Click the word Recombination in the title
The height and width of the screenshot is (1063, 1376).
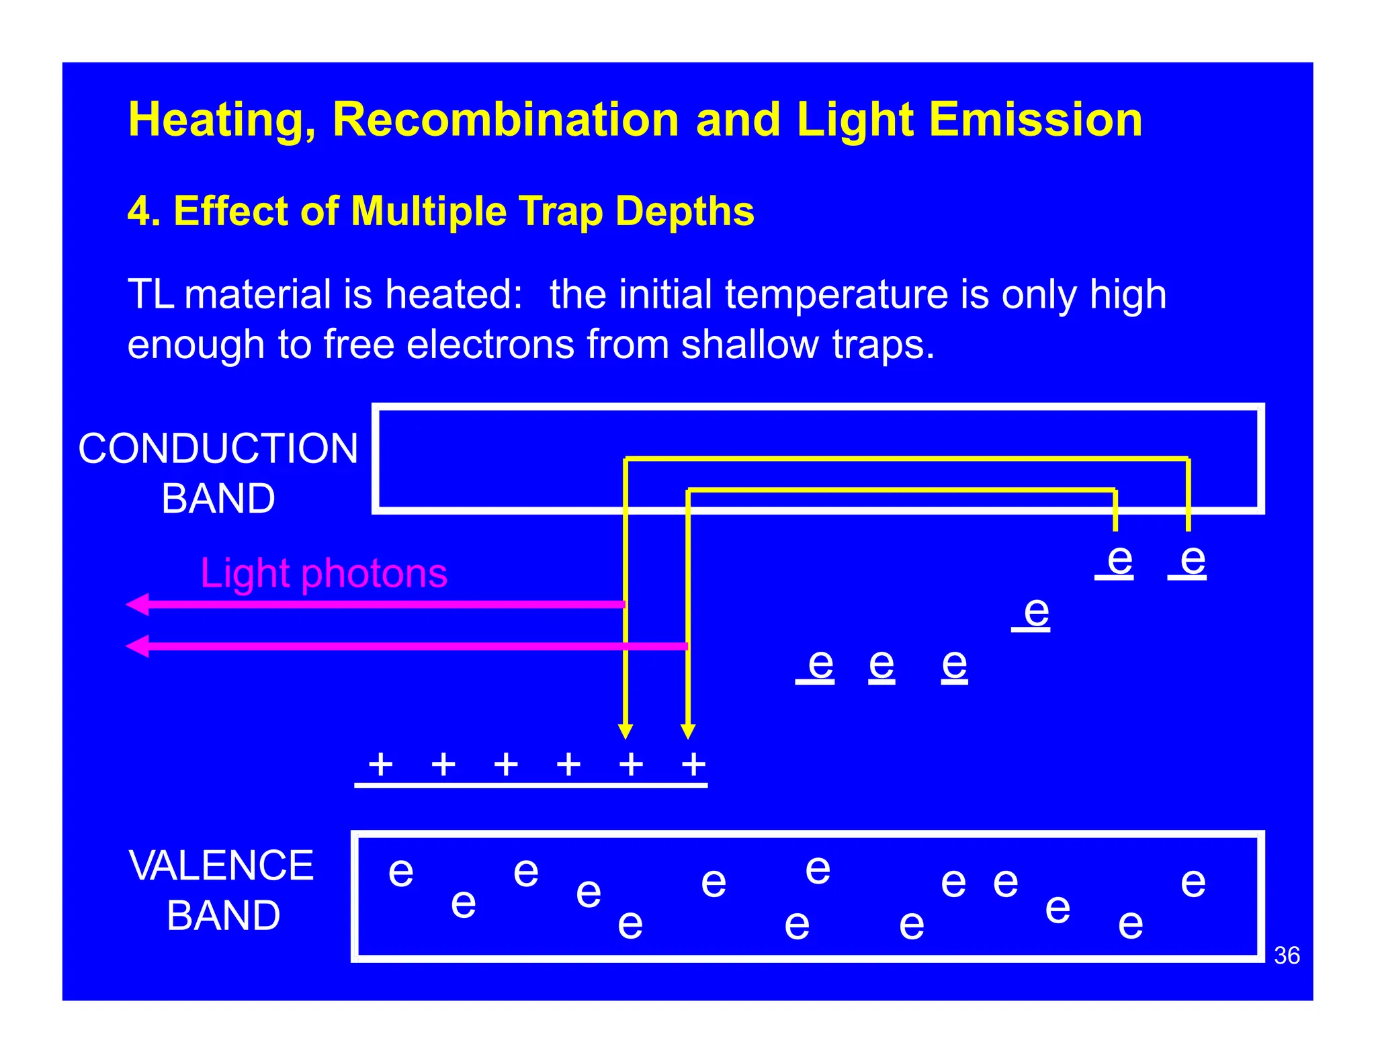(x=505, y=120)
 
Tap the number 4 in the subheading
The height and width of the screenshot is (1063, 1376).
(x=138, y=211)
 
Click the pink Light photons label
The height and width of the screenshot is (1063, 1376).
(x=324, y=573)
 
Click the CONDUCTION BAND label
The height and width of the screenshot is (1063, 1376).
(x=218, y=473)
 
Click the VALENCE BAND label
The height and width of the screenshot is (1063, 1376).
(x=222, y=890)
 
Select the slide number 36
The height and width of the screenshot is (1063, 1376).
(x=1287, y=955)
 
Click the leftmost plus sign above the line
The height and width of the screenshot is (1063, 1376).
(x=381, y=764)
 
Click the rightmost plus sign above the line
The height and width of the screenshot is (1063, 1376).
(x=693, y=764)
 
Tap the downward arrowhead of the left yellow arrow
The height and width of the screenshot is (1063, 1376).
(x=626, y=731)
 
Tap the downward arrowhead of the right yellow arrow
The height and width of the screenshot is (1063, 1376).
(x=687, y=731)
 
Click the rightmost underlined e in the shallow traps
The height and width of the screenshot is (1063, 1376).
(x=1193, y=559)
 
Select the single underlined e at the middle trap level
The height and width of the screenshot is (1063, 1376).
(x=1036, y=612)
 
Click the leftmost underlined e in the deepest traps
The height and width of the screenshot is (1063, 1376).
(x=820, y=665)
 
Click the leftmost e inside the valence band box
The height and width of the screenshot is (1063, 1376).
(x=401, y=872)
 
